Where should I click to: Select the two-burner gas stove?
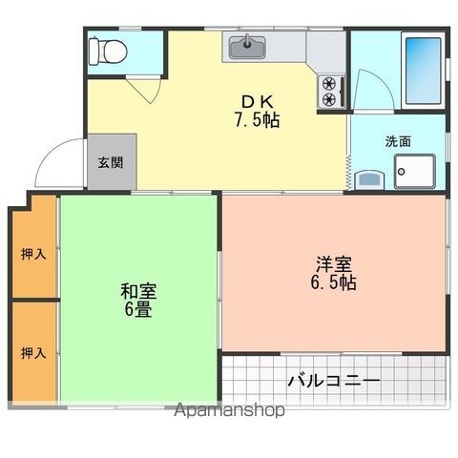pyautogui.click(x=331, y=90)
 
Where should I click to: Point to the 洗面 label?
pyautogui.click(x=398, y=141)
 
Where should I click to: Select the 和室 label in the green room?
pyautogui.click(x=138, y=290)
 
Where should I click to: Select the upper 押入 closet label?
pyautogui.click(x=33, y=254)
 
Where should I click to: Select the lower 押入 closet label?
pyautogui.click(x=33, y=352)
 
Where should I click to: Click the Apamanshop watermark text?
pyautogui.click(x=229, y=411)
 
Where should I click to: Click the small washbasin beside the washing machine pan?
pyautogui.click(x=369, y=178)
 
